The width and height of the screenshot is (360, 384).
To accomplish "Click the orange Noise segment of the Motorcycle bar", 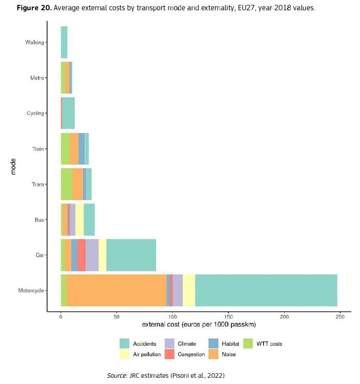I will click(116, 290).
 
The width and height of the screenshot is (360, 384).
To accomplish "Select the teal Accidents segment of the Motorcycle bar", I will click(266, 290).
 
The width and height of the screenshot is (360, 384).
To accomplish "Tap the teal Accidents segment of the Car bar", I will click(131, 255).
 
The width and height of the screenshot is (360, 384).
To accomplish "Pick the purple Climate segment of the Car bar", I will click(92, 255).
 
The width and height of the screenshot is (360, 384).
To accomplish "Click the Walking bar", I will click(64, 42).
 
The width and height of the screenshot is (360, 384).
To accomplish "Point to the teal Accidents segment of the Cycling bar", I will click(68, 113).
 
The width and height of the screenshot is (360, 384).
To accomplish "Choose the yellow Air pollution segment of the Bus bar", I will click(80, 219).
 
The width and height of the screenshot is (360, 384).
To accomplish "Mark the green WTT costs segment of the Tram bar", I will click(66, 184).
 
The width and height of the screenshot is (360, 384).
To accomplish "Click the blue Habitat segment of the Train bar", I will click(82, 149).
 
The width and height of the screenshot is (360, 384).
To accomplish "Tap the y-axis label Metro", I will click(37, 78).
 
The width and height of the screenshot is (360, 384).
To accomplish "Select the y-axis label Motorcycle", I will click(31, 291).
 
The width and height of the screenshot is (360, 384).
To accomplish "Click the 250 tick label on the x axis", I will click(340, 316).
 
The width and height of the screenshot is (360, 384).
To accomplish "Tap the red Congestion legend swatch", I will click(169, 354).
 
